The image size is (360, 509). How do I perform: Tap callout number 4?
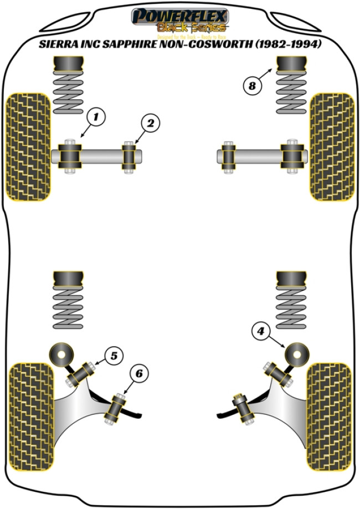pos(261,331)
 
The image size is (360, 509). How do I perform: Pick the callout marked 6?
pos(138,374)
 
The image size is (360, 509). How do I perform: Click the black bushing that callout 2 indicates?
pos(130,157)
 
